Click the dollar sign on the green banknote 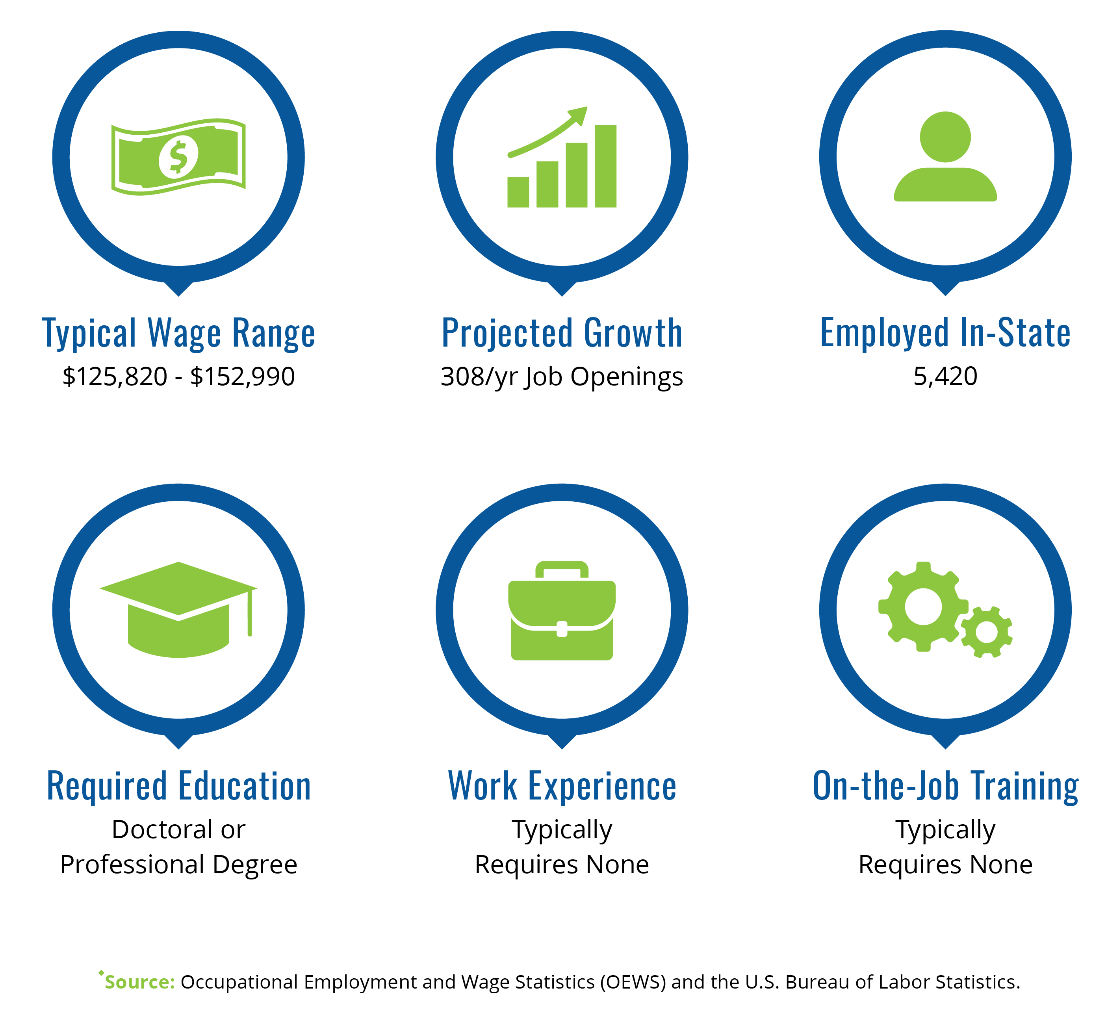(178, 157)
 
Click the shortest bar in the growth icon (518, 192)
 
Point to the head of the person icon (945, 137)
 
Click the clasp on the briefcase (562, 629)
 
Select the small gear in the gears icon (986, 632)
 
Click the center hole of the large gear (924, 607)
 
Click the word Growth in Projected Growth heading (633, 333)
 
